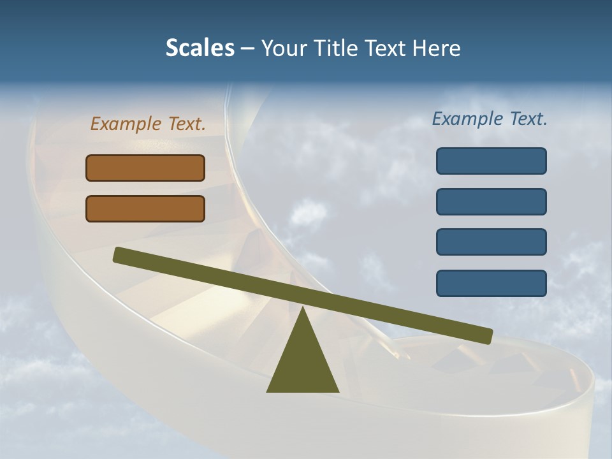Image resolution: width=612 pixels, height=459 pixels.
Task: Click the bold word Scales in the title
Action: [200, 48]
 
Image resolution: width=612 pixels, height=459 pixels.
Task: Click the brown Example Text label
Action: [148, 124]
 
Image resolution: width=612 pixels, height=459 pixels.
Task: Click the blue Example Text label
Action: [490, 119]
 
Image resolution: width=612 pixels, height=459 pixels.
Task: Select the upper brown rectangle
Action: [145, 168]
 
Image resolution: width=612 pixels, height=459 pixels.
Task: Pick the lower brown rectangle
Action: [145, 208]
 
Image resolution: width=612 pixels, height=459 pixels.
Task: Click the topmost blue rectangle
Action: [491, 161]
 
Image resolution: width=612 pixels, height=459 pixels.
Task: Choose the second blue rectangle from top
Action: [491, 201]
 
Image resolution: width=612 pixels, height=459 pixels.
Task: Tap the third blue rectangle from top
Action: [491, 242]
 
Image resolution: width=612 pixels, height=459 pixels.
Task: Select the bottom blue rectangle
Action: [491, 283]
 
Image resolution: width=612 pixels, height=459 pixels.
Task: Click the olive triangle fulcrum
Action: [302, 363]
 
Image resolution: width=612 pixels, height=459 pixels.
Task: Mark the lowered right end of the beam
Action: [487, 336]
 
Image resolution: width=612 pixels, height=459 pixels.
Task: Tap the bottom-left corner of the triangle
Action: [268, 391]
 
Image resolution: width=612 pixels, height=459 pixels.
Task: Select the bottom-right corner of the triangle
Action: [337, 391]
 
